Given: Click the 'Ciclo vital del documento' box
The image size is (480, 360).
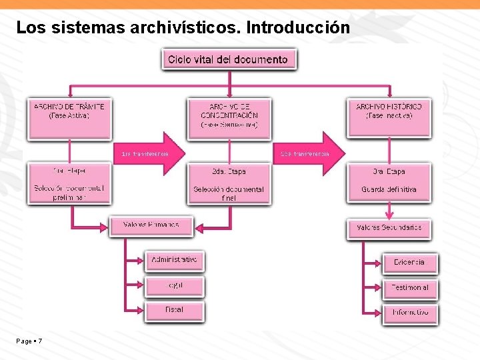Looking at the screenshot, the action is pos(229,59).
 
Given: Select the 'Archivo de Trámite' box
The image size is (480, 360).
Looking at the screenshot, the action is pos(69,118).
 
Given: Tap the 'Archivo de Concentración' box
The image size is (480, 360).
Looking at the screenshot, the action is pos(229,118).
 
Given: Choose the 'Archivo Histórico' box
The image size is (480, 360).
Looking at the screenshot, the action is pos(389,118).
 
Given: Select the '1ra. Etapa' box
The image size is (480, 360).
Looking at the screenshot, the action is pos(69,183).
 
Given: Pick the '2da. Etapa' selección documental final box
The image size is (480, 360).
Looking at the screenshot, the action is pos(229,183).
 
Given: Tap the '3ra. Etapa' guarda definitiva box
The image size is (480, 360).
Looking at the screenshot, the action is pos(389,183).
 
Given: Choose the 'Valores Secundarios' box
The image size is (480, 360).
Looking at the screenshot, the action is pos(389,228).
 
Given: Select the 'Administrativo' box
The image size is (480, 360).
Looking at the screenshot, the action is pos(174,260).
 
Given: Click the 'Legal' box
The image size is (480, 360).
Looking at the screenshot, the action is pos(174,285).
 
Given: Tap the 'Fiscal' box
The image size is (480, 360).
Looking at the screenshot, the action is pos(174,310).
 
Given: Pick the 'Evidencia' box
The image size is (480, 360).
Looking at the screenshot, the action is pos(410,263).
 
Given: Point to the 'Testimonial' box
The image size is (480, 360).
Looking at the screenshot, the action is pos(410,288).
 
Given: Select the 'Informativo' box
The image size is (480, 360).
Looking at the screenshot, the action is pos(410,313).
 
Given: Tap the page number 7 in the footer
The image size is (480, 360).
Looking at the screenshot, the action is pos(40,341).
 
